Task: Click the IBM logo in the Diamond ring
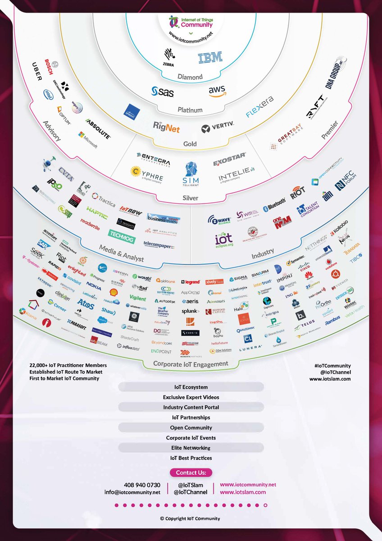click(210, 57)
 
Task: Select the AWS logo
click(217, 91)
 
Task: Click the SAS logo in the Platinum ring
click(163, 92)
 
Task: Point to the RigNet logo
click(166, 127)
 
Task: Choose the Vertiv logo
click(218, 128)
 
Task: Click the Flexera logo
click(260, 107)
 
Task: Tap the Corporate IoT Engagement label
click(191, 363)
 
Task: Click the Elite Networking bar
click(191, 448)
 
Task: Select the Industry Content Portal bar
click(191, 407)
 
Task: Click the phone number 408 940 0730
click(140, 485)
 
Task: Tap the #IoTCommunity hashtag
click(333, 366)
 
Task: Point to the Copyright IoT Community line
click(191, 518)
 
